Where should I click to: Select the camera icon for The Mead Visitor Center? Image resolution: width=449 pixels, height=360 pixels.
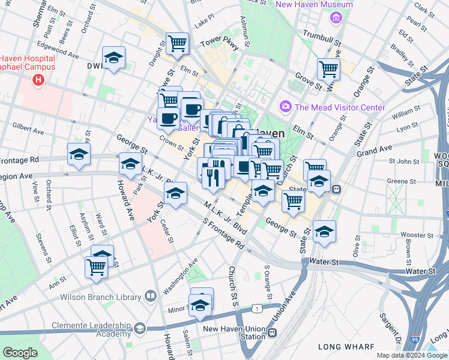click(285, 107)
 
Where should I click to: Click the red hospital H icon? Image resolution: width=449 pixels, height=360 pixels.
click(39, 79)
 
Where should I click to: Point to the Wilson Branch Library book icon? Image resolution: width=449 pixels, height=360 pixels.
click(150, 296)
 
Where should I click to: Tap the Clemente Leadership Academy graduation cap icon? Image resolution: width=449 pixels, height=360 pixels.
click(140, 328)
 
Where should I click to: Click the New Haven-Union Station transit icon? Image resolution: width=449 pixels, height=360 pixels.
click(273, 332)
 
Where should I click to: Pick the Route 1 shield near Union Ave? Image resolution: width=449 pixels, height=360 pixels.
click(257, 308)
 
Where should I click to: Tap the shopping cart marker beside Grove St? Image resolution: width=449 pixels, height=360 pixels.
click(329, 69)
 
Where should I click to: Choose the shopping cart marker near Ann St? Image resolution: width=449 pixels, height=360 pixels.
click(96, 267)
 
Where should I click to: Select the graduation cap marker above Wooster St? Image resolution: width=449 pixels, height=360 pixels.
click(324, 231)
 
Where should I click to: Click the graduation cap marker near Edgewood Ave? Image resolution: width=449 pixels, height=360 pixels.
click(113, 58)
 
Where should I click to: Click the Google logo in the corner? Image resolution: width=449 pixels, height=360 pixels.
click(20, 353)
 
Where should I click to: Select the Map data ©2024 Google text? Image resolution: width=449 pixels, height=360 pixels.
click(411, 355)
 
